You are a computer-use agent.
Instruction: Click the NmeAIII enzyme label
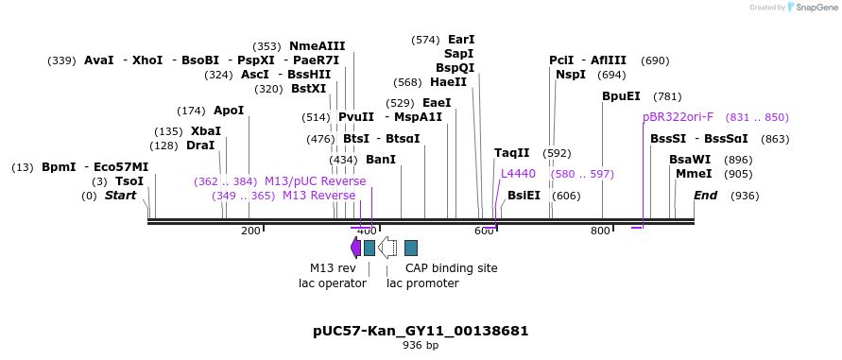tap(317, 45)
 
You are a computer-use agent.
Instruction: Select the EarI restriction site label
tap(461, 40)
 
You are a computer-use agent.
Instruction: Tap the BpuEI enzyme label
tap(621, 96)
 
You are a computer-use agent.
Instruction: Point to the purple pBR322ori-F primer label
tap(678, 117)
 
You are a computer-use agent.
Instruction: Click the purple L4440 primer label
tap(518, 174)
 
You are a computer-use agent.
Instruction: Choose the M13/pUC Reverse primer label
tap(315, 181)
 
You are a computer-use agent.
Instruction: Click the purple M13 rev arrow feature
tap(355, 248)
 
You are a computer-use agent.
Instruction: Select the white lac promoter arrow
tap(387, 248)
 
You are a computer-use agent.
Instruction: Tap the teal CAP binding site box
tap(411, 248)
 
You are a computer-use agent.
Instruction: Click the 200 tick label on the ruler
tap(250, 231)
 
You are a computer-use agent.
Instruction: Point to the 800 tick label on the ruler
tap(600, 231)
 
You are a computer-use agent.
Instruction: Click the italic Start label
tap(120, 196)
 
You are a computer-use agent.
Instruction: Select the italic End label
tap(705, 196)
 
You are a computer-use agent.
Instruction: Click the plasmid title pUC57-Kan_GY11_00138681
tap(421, 331)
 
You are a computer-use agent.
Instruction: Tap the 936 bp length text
tap(421, 346)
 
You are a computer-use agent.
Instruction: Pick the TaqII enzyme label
tap(511, 153)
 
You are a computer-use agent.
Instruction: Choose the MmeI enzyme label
tap(694, 174)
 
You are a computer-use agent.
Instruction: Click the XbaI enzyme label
tap(205, 131)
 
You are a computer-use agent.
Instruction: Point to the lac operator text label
tap(332, 283)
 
